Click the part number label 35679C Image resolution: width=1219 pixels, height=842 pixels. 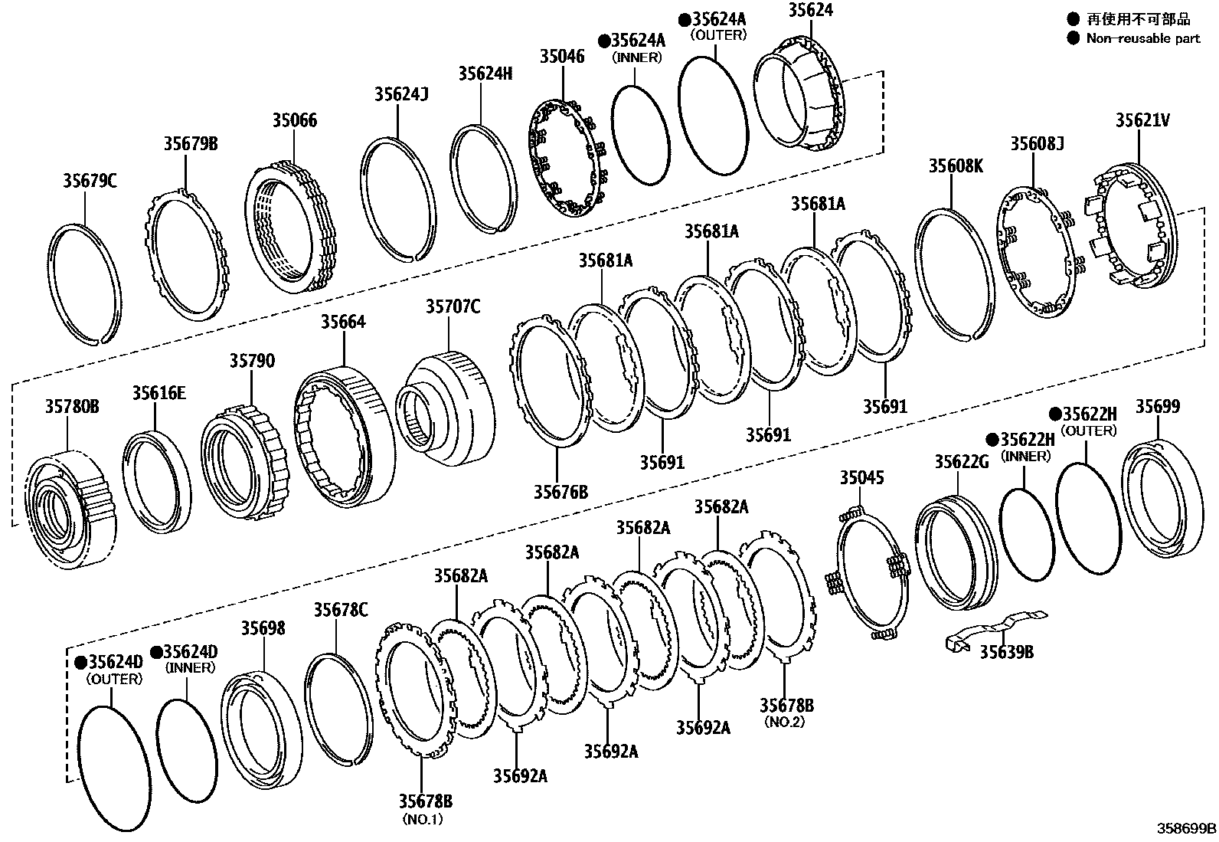pos(90,181)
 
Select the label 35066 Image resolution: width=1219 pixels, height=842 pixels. pos(294,120)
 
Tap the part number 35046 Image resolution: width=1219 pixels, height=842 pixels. pos(561,56)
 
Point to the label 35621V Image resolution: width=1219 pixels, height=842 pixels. pos(1142,120)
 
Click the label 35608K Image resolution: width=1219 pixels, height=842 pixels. pos(955,165)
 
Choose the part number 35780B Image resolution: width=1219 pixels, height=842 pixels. pos(70,406)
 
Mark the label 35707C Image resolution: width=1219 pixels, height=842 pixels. pos(453,307)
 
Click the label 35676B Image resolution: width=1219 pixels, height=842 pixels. pos(560,491)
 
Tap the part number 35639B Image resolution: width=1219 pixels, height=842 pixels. pos(1007,651)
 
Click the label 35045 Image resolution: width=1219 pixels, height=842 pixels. pos(861,478)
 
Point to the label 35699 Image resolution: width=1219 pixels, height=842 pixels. pos(1157,407)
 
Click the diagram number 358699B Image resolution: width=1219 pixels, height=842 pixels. pos(1186,828)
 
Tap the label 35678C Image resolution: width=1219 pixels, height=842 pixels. pos(340,610)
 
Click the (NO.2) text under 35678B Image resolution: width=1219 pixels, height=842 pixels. pos(784,722)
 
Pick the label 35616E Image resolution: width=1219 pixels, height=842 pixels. pos(159,393)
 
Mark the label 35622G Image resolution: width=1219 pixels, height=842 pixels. pos(961,461)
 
